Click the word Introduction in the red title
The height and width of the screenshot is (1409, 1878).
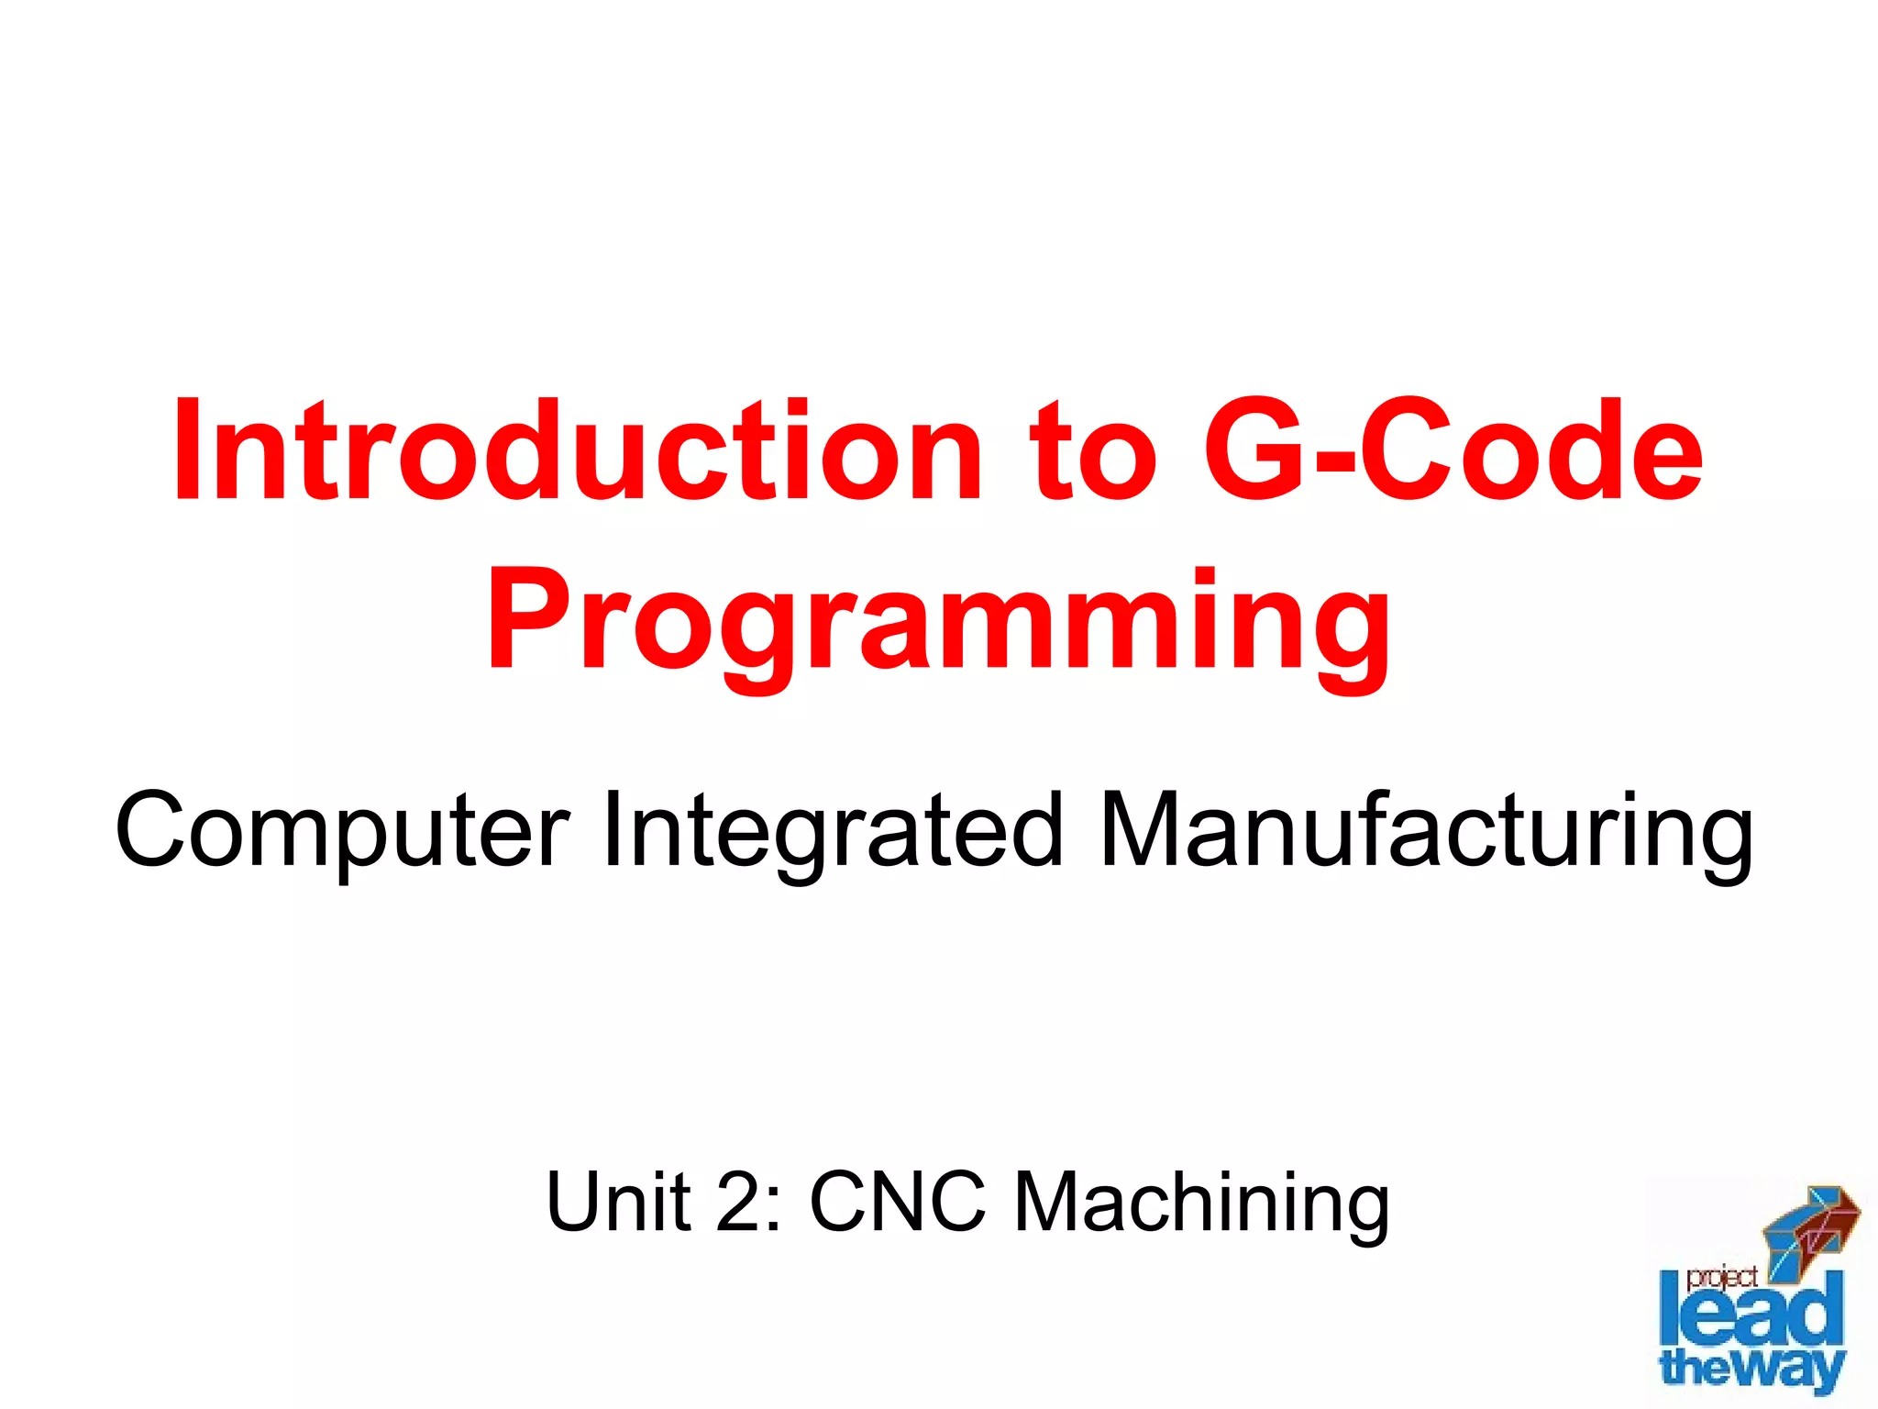tap(577, 451)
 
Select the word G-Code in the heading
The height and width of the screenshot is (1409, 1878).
tap(1453, 451)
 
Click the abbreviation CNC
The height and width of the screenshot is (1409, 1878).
tap(898, 1202)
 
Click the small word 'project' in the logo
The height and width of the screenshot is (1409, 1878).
tap(1721, 1278)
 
